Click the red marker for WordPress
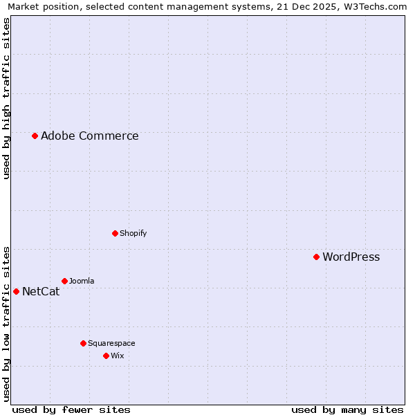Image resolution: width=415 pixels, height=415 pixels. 316,257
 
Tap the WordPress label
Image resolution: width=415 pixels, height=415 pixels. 351,257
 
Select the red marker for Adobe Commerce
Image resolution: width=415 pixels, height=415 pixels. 35,136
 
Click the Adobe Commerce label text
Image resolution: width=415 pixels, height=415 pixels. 89,136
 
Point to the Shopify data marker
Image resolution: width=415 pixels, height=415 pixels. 115,233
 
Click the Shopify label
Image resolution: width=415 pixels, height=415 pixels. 133,234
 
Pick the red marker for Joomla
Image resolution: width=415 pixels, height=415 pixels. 64,281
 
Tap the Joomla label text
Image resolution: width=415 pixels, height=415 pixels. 82,282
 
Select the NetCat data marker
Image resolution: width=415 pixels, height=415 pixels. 16,291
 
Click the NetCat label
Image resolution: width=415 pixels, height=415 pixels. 41,292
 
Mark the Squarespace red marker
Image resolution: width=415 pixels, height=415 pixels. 83,343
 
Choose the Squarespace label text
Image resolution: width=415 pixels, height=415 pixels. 111,344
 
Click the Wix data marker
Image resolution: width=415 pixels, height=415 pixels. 106,356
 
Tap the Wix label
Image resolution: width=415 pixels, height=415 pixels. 117,356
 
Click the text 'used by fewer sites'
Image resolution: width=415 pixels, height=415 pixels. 71,409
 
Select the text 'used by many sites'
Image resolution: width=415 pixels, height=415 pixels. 347,409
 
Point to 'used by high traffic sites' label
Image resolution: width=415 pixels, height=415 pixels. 6,99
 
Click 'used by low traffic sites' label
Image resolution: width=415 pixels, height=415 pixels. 6,324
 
